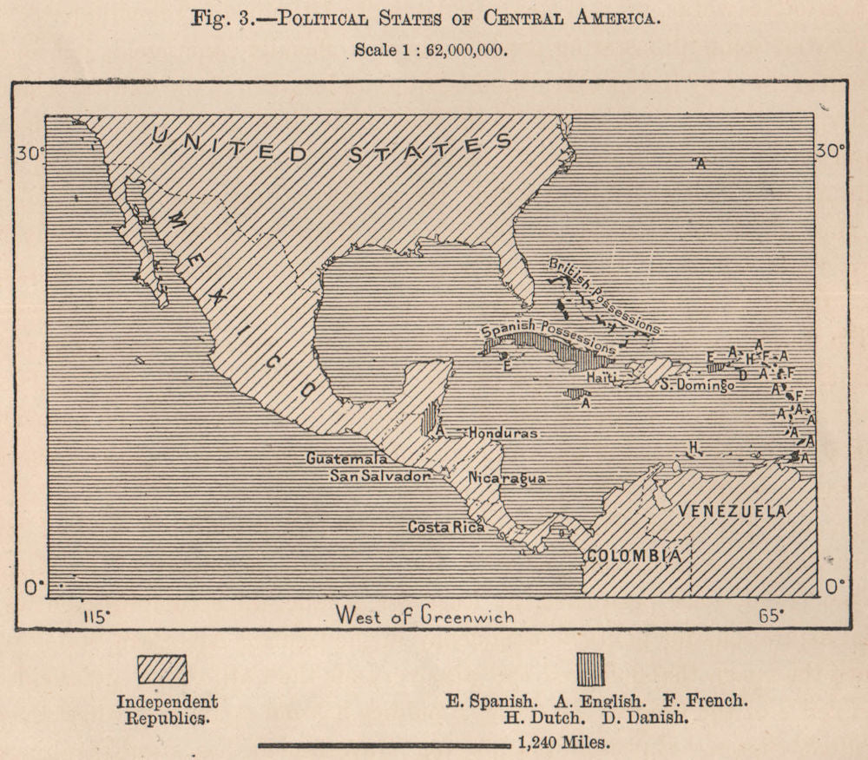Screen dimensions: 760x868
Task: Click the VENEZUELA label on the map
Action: pyautogui.click(x=733, y=510)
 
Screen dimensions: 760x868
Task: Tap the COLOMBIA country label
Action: pyautogui.click(x=631, y=555)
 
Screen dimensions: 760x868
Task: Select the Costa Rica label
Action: pyautogui.click(x=446, y=527)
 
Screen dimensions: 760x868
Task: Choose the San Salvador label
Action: pyautogui.click(x=380, y=476)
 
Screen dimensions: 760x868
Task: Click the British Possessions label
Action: pyautogui.click(x=604, y=295)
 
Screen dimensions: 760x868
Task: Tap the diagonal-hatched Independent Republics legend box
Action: pyautogui.click(x=162, y=669)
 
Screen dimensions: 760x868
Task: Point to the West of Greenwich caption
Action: pyautogui.click(x=424, y=617)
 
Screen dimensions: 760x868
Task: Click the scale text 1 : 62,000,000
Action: pyautogui.click(x=431, y=50)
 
